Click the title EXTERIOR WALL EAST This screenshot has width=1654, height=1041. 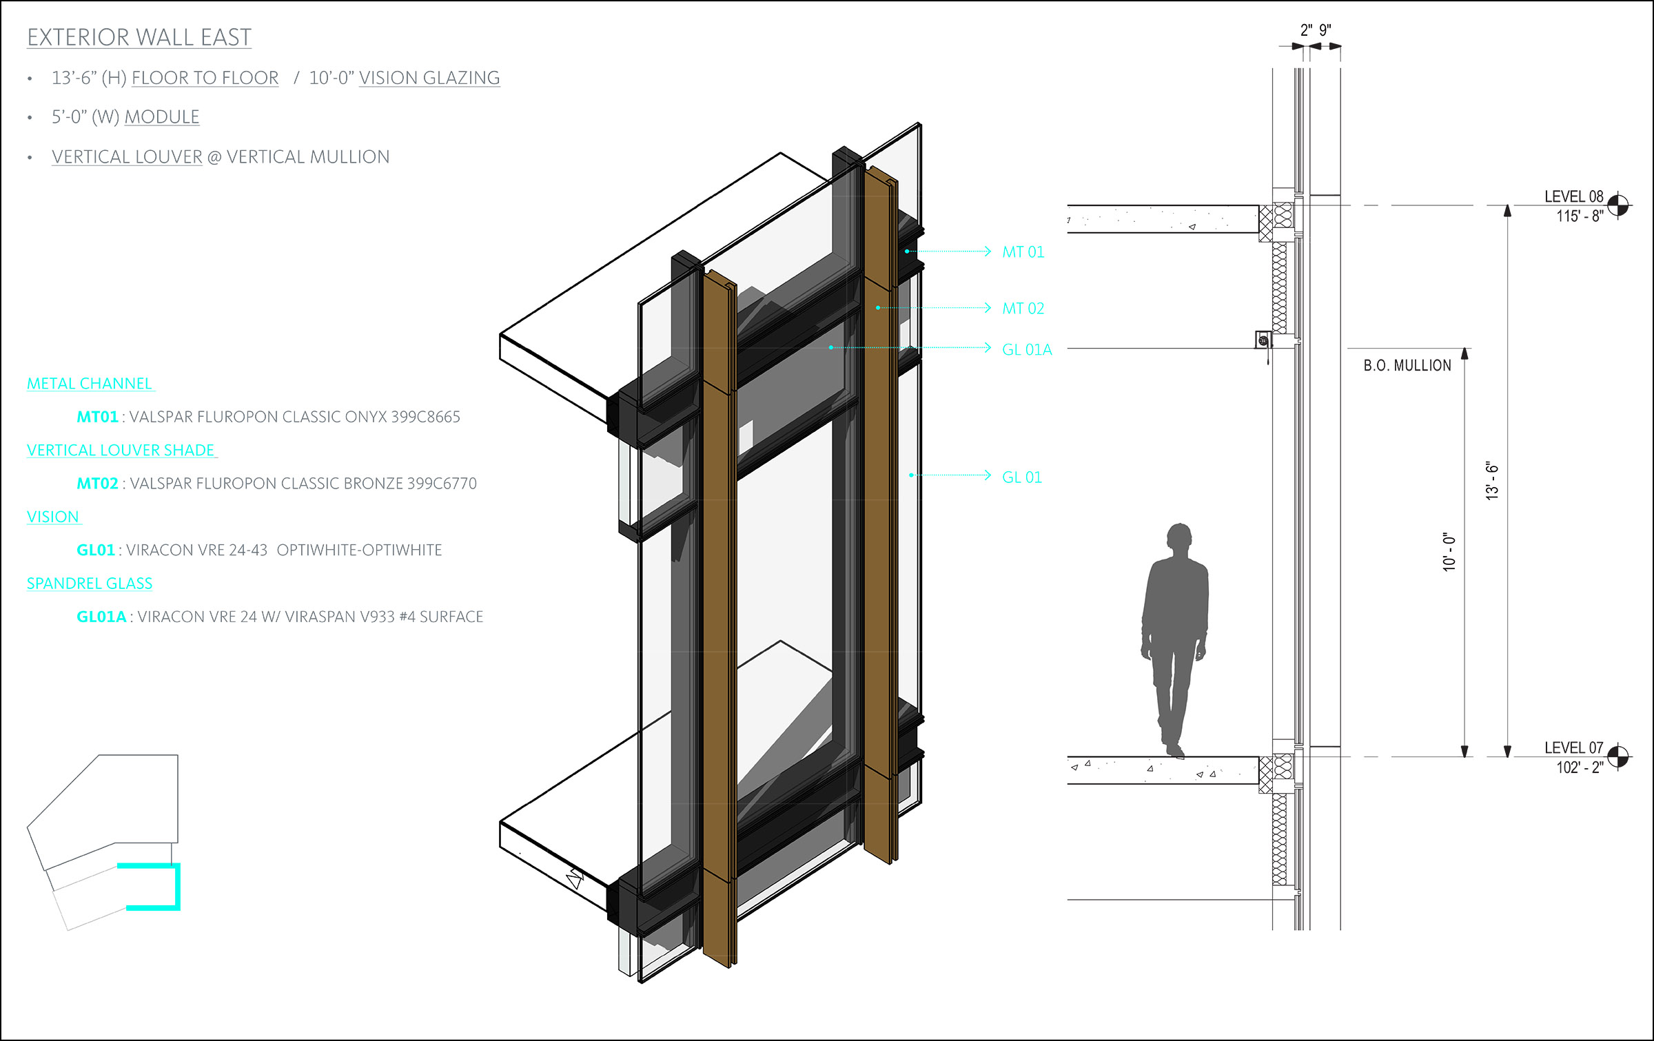coord(139,37)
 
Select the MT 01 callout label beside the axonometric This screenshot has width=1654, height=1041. coord(1023,252)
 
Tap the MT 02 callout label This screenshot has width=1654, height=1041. coord(1023,309)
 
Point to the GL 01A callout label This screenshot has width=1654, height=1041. coord(1027,350)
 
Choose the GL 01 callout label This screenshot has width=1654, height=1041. coord(1021,477)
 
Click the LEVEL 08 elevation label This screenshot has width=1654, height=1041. coord(1573,197)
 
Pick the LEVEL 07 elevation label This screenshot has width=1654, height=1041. coord(1573,748)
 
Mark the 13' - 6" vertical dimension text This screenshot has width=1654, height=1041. coord(1492,480)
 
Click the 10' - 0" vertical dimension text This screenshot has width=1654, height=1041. coord(1449,551)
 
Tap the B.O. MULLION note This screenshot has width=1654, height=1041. coord(1407,366)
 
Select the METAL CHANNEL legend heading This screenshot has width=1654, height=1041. coord(90,384)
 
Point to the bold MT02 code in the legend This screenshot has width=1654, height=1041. coord(97,484)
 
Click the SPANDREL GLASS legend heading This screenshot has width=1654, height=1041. coord(90,584)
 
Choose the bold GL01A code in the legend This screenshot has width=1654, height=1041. coord(101,617)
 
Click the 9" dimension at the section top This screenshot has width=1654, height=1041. coord(1325,30)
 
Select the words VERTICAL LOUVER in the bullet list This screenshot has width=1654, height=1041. coord(127,157)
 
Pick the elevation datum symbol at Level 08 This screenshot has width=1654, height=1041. coord(1617,205)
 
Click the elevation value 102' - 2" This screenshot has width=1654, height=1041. coord(1580,767)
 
